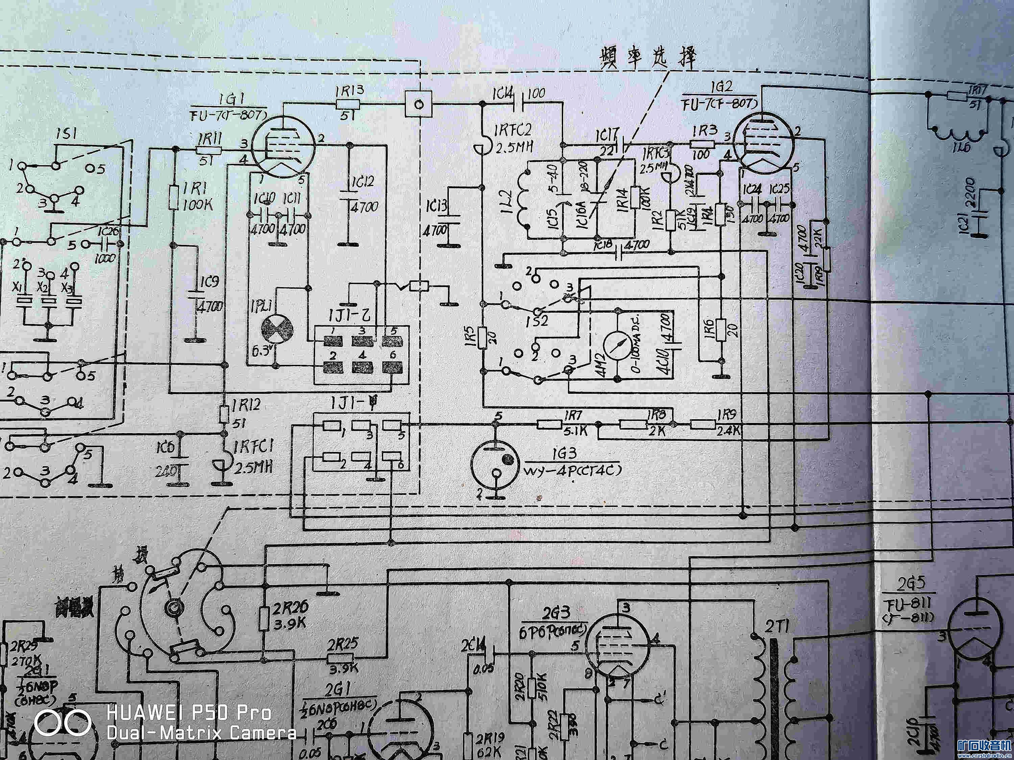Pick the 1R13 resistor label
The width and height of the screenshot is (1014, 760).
(350, 90)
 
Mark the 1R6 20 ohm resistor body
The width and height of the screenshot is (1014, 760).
(721, 331)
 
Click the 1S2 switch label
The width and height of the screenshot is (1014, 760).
(537, 320)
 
